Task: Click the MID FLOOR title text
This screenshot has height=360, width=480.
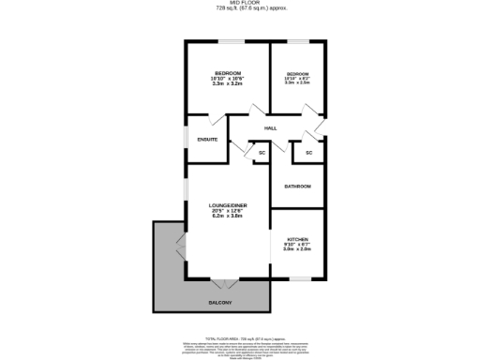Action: point(240,4)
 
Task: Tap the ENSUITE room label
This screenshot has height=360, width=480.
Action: point(207,139)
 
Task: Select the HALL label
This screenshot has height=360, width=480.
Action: point(270,128)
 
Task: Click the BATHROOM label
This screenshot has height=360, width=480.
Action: point(297,186)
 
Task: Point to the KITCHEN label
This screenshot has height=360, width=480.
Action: point(297,239)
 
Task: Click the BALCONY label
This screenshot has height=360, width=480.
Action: point(220,303)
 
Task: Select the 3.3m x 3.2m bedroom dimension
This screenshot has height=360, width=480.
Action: point(228,83)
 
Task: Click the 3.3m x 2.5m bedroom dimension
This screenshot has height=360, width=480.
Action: point(297,82)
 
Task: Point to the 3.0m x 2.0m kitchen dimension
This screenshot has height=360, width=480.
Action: point(297,249)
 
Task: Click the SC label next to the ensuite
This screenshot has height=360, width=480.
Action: point(262,152)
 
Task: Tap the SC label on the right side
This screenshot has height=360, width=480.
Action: point(308,152)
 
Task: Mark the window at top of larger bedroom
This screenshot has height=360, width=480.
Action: point(229,41)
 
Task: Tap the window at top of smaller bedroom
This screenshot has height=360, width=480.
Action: point(298,41)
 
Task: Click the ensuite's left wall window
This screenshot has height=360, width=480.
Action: point(187,139)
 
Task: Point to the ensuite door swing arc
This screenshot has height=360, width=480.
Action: point(216,120)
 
